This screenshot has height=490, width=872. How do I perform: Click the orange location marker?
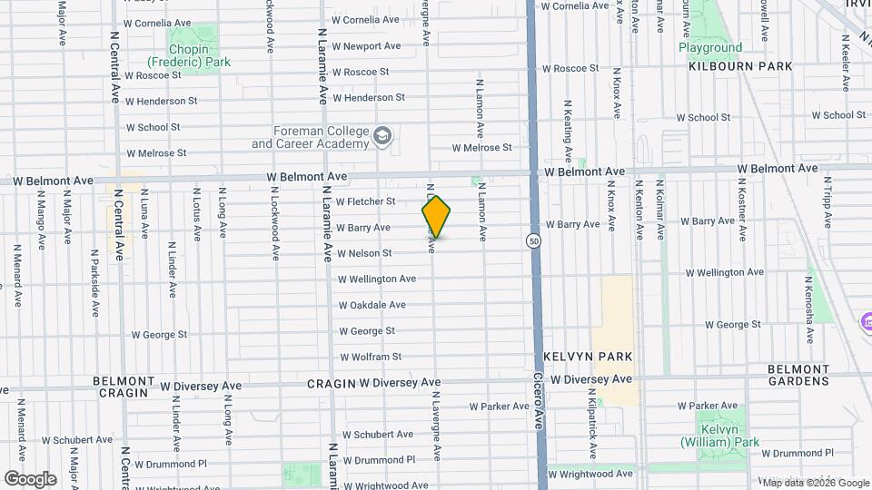(x=436, y=217)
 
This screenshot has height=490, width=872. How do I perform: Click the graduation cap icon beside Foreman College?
(x=382, y=137)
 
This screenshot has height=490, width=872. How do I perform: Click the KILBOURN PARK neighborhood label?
(x=740, y=66)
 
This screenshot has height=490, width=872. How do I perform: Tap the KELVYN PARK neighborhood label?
(x=588, y=357)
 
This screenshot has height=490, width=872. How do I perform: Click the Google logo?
(x=30, y=478)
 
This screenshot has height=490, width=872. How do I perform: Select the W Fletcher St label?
(x=366, y=201)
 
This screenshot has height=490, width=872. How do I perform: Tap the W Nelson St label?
(x=364, y=253)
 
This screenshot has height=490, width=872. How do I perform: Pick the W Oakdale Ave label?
(x=372, y=305)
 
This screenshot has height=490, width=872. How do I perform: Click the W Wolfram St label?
(x=371, y=357)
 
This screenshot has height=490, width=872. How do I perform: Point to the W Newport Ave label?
(x=366, y=45)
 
